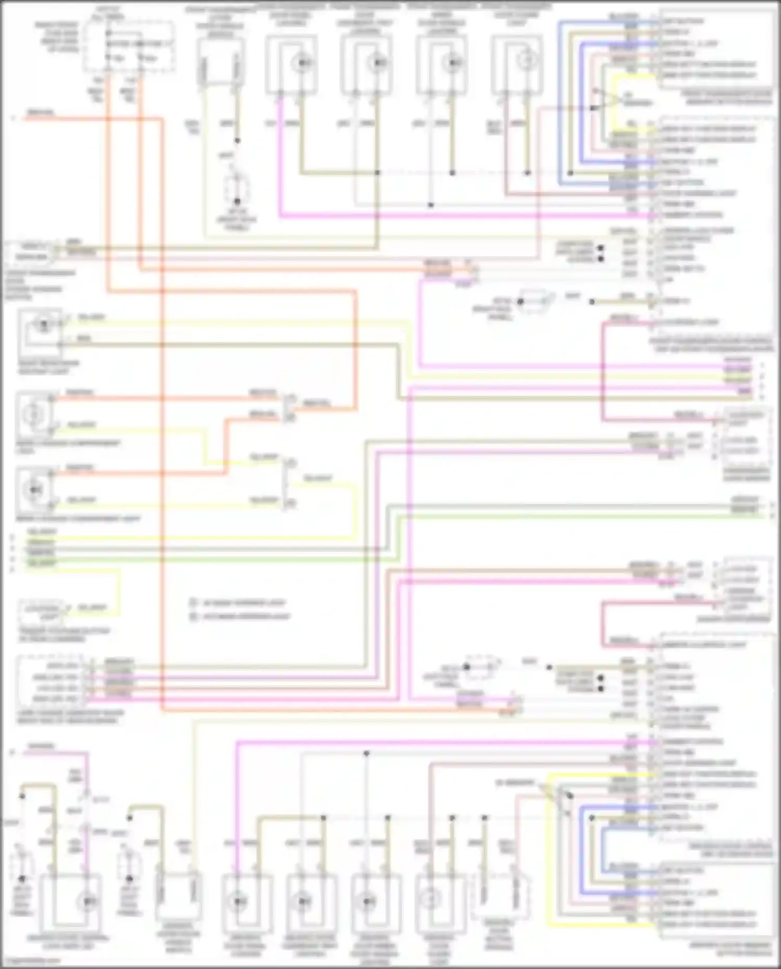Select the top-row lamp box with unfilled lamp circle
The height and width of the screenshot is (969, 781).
(517, 64)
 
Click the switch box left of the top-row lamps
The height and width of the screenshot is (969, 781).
(220, 61)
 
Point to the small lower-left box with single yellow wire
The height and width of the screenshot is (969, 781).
(42, 612)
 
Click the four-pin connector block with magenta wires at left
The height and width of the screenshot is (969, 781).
(55, 682)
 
